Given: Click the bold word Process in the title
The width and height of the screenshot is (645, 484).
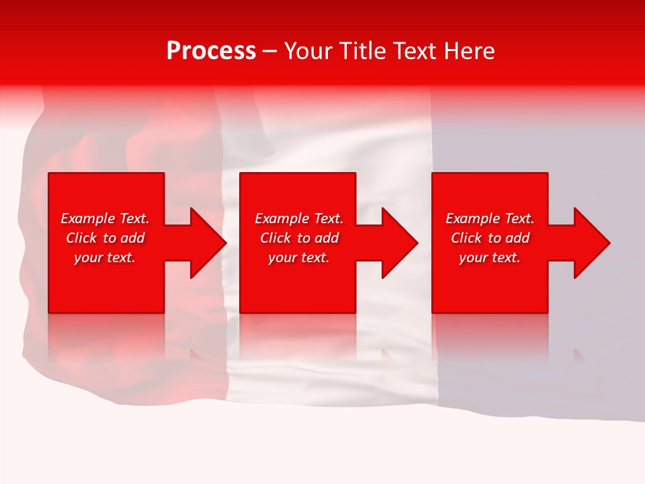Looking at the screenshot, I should point(211,51).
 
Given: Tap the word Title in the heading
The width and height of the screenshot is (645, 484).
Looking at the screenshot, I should point(363,51).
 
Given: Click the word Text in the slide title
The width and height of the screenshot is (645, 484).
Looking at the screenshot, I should point(416,51).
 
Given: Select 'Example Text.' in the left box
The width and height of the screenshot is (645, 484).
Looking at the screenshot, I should point(105,218).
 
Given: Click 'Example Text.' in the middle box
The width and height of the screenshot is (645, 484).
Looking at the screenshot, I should point(299,218).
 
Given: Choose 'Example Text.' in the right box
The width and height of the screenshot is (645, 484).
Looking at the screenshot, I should point(490,218).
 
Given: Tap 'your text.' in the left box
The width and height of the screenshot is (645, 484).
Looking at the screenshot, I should point(105,257).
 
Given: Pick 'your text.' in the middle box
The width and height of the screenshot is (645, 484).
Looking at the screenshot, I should point(299,257).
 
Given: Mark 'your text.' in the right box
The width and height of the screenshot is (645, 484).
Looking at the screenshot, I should point(490,257).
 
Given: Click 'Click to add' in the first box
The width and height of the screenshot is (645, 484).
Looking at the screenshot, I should point(105,238).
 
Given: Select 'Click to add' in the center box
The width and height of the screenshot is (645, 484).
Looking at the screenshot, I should point(299,238).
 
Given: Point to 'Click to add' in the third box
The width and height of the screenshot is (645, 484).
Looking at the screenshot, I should point(490,238).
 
